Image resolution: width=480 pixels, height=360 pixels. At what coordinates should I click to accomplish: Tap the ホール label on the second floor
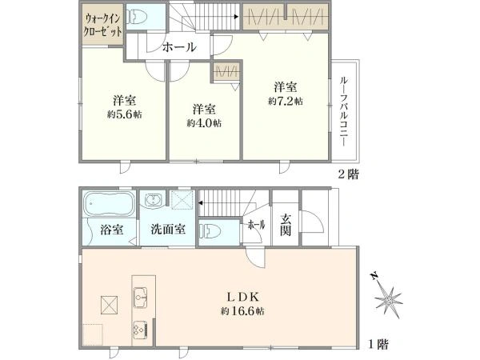178,47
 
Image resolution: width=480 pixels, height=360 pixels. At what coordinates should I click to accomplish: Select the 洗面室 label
168,230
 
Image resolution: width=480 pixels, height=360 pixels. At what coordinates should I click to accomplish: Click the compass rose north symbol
390,298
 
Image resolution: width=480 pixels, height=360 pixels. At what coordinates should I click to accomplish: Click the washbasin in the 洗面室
154,201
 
